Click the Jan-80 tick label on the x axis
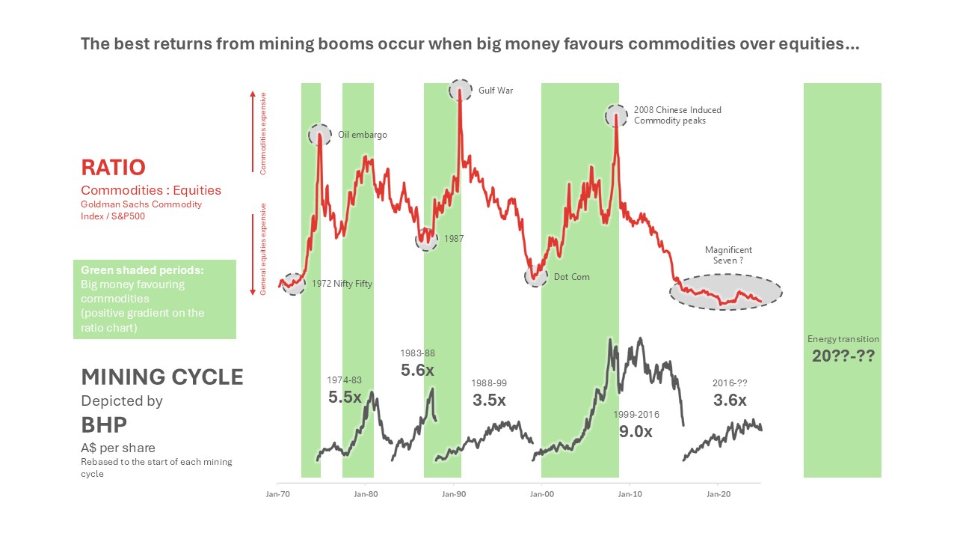(x=365, y=494)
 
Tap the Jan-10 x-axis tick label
(x=630, y=494)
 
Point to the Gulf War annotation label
(x=496, y=91)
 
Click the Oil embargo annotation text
(x=363, y=135)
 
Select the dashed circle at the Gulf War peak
(x=461, y=91)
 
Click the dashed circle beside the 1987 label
(x=426, y=240)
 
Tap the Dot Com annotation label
(x=571, y=277)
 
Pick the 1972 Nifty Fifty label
(x=341, y=284)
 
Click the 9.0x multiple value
(x=636, y=431)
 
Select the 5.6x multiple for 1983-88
(x=417, y=370)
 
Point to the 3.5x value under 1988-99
(x=489, y=400)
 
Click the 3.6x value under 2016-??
(x=730, y=400)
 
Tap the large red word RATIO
(x=113, y=166)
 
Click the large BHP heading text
(x=104, y=425)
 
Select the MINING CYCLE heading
(x=162, y=377)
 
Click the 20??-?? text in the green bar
(x=843, y=356)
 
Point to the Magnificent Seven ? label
(x=728, y=255)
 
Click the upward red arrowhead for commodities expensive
(x=253, y=94)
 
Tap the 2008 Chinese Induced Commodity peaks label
(x=677, y=115)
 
